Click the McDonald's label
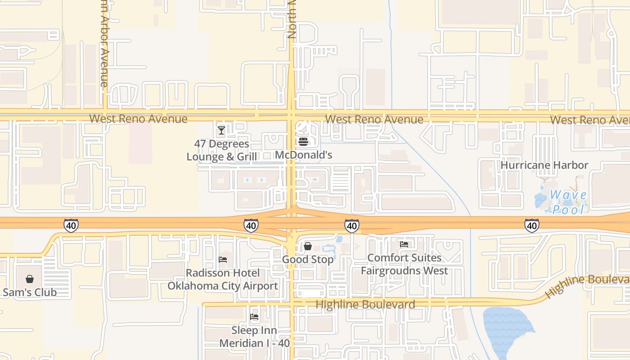[x=303, y=155]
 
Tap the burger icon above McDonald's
[x=303, y=142]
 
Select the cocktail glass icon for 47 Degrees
[x=221, y=130]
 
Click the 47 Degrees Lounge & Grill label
[x=221, y=150]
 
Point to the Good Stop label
[x=308, y=260]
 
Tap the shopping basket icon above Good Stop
[x=308, y=246]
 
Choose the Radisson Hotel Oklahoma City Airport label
[x=223, y=279]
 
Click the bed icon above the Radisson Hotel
[x=223, y=260]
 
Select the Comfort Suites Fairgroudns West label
[x=404, y=264]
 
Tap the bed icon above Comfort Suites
[x=404, y=244]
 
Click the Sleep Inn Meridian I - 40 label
[x=254, y=337]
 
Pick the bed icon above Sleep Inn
[x=254, y=317]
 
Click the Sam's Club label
[x=30, y=292]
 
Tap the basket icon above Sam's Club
[x=30, y=279]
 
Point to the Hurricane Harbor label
[x=544, y=165]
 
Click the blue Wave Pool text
[x=568, y=202]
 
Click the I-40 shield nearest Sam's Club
[x=71, y=225]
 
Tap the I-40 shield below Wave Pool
[x=531, y=225]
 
